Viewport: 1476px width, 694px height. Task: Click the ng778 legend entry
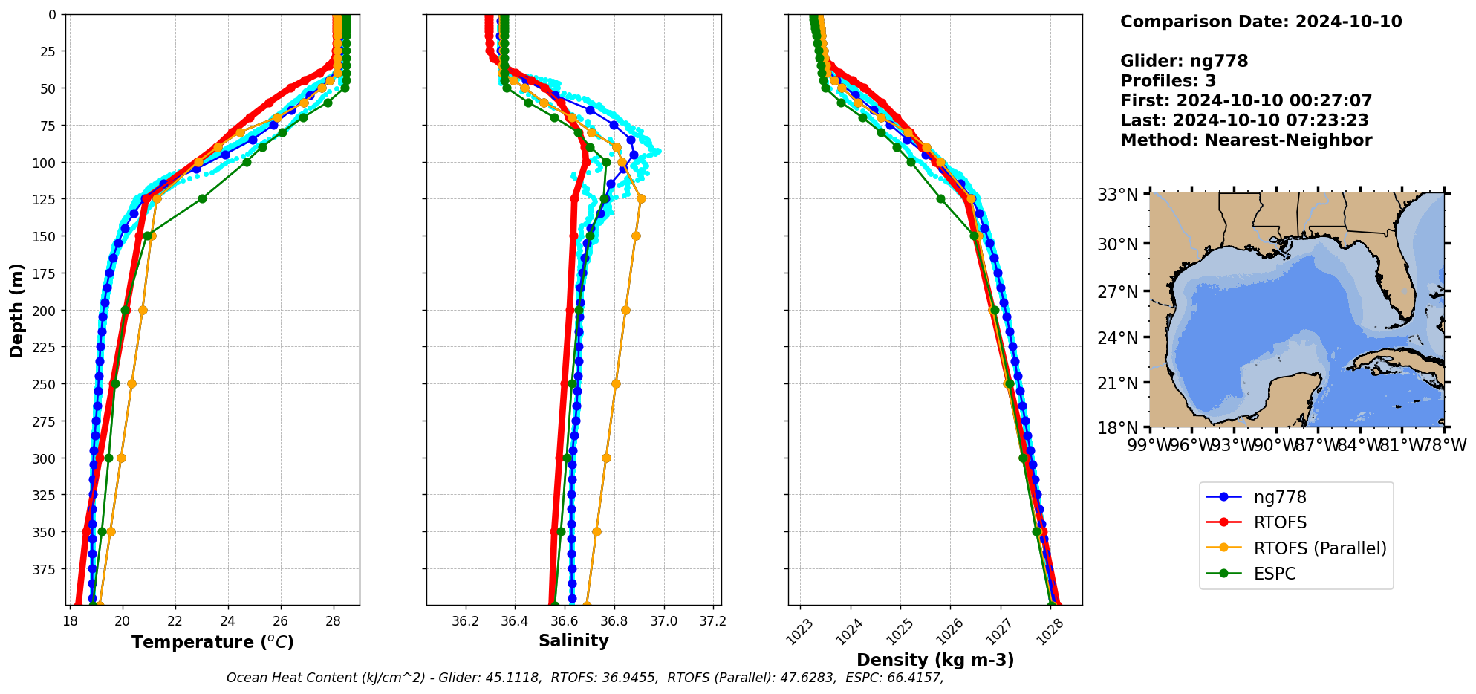1279,497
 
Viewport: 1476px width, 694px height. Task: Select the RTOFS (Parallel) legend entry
1319,548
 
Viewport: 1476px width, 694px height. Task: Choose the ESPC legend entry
1274,574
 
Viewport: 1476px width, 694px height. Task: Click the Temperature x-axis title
212,642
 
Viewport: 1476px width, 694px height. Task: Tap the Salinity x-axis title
573,641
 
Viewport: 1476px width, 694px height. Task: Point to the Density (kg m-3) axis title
934,660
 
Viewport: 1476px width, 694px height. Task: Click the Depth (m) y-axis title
16,310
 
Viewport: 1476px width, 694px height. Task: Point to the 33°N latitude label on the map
1117,195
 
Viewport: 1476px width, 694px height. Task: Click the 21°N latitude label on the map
1117,383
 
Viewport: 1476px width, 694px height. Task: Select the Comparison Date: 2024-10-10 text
1261,22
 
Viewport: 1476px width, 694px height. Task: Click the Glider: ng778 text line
1184,61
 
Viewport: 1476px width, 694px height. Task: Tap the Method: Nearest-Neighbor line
1246,140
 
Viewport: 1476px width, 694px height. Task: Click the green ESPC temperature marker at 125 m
202,198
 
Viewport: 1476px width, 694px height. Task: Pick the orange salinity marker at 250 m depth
616,383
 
